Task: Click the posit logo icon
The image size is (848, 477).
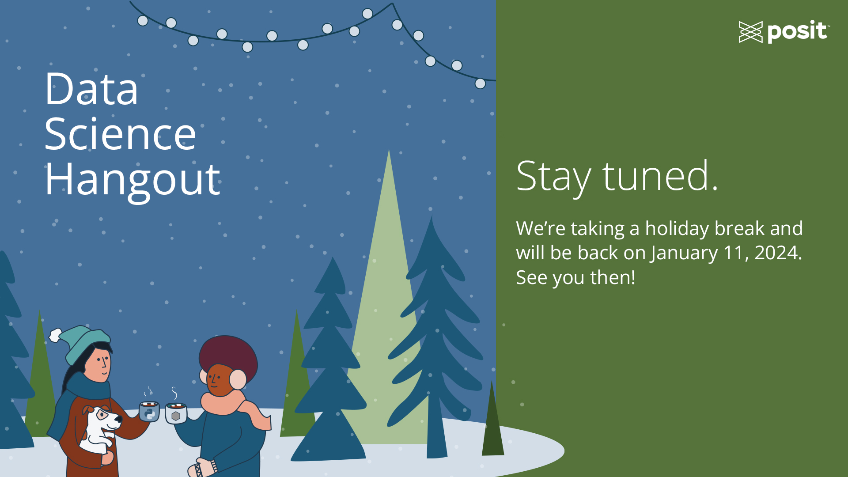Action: [750, 32]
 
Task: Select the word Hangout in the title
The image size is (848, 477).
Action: [132, 180]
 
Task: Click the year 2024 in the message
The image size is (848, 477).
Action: [776, 253]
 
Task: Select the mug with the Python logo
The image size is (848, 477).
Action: [149, 412]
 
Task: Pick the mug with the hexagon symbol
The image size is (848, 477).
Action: [176, 413]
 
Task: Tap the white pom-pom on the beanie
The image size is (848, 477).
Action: [55, 335]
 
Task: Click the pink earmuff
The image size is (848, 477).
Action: [238, 379]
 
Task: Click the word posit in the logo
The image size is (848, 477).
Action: [797, 31]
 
